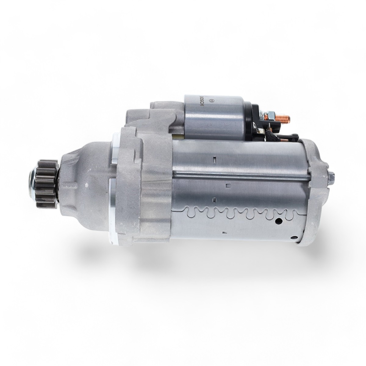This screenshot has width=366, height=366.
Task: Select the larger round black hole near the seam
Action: pos(279,221)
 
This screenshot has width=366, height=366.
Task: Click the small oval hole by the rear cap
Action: pos(294,237)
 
